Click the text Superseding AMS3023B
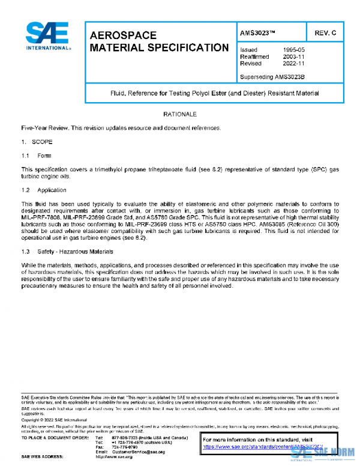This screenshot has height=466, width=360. (x=272, y=77)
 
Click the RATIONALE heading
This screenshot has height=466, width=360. (x=180, y=114)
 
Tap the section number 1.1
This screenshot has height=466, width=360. (x=26, y=156)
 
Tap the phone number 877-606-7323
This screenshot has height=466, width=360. (x=125, y=438)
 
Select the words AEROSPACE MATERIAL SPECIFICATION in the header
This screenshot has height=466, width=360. (x=158, y=41)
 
